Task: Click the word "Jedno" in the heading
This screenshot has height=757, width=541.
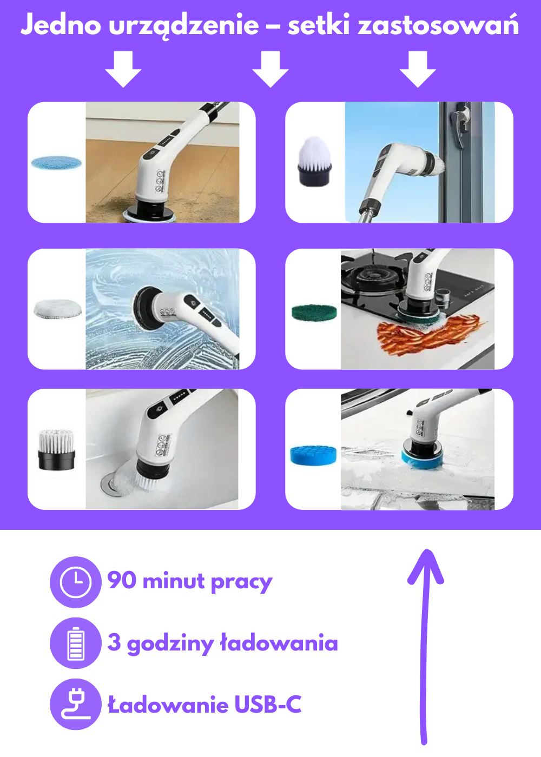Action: coord(61,25)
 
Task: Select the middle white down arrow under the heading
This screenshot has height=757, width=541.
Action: coord(270,69)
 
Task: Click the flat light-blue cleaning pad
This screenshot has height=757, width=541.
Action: coord(56,163)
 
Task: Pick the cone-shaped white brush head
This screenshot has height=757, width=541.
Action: coord(314,161)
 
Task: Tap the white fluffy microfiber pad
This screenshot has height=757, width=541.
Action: coord(58,309)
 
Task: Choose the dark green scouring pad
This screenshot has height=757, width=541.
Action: coord(314,313)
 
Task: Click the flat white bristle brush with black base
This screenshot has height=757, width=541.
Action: coord(56,449)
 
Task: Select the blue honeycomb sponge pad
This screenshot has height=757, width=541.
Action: coord(314,455)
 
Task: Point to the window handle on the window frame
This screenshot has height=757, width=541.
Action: coord(461,126)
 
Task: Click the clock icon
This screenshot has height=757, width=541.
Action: coord(75,582)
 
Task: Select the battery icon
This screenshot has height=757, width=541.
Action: coord(76,643)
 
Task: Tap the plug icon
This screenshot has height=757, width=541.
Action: coord(76,704)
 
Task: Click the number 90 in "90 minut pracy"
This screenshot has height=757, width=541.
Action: coord(122,580)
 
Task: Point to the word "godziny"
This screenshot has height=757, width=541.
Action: coord(170,644)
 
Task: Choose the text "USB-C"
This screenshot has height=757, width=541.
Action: coord(268,704)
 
